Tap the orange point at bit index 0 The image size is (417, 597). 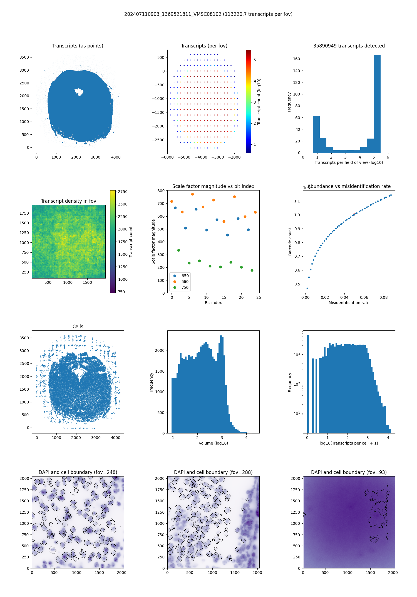[172, 201]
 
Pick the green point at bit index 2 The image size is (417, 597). [178, 250]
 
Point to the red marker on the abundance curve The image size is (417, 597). [354, 214]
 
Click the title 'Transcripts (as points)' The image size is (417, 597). [78, 46]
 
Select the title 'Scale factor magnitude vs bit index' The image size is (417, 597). [213, 186]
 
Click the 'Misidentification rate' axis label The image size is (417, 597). [349, 303]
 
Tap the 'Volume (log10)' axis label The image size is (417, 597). [213, 443]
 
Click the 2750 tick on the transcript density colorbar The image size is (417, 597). [123, 192]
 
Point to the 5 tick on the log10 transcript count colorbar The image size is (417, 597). [255, 60]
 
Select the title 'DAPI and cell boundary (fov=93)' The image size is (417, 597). [349, 472]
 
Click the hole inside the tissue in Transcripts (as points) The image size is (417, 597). [79, 92]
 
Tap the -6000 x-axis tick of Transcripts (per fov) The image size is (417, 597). [167, 157]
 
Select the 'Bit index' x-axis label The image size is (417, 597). [213, 303]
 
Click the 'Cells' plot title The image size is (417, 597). [78, 327]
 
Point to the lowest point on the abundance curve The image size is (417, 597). [307, 288]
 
